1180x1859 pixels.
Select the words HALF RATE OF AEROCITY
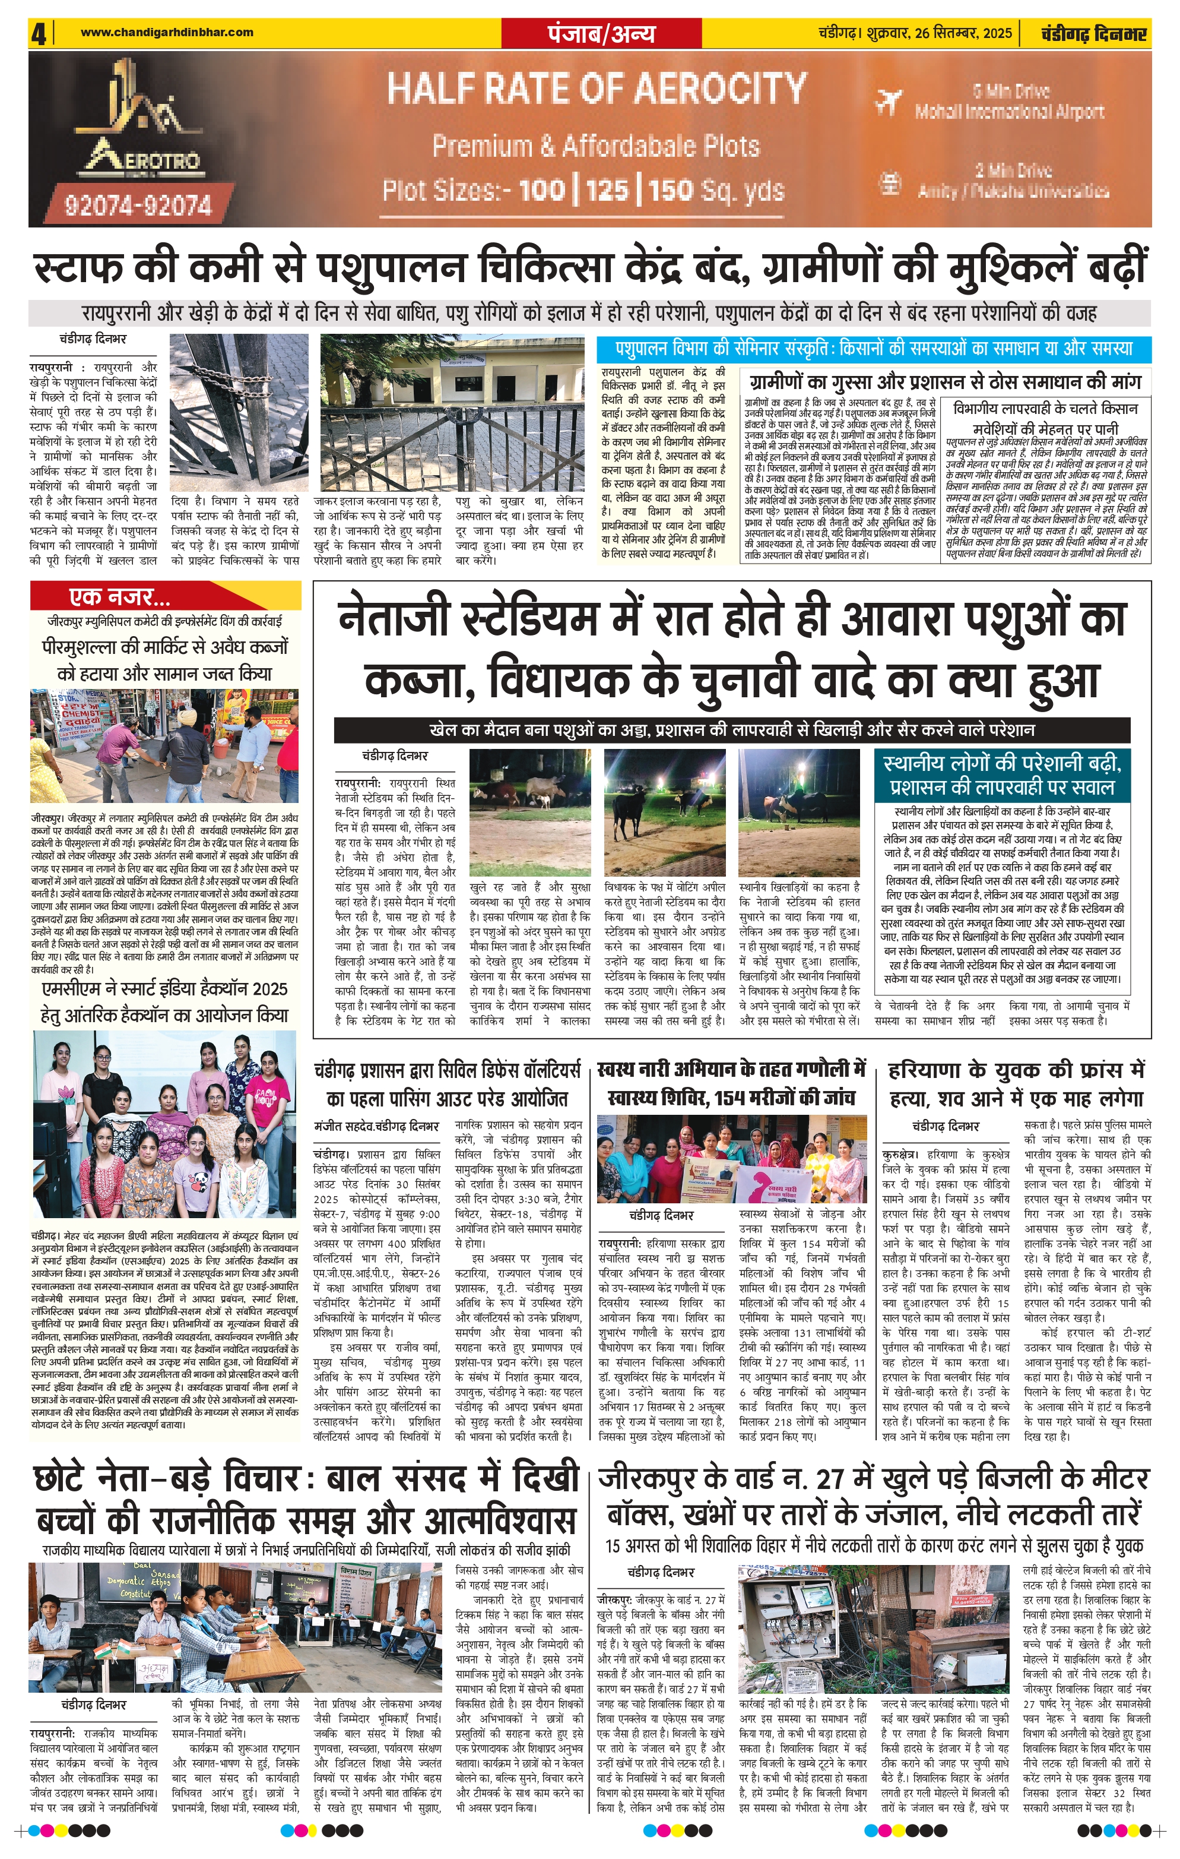point(597,90)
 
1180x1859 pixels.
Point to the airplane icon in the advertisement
point(890,101)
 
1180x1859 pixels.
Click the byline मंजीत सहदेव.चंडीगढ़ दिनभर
point(376,1125)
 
